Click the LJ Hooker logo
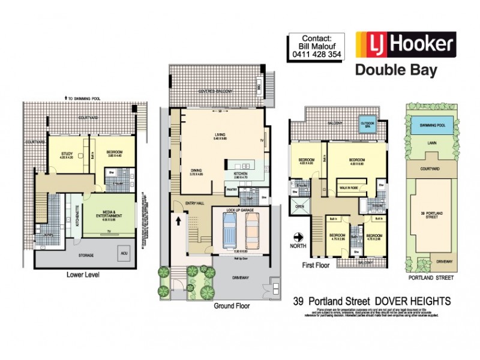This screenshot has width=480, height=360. (405, 44)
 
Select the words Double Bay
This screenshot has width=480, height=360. (396, 70)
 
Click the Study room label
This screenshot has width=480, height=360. (67, 154)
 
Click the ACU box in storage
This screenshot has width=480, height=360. (125, 251)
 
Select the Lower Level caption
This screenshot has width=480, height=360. (83, 275)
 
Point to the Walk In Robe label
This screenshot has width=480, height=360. (346, 188)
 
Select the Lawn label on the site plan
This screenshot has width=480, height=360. (429, 143)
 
